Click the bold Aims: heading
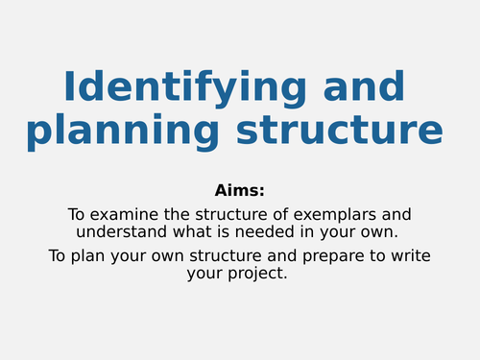(239, 190)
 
